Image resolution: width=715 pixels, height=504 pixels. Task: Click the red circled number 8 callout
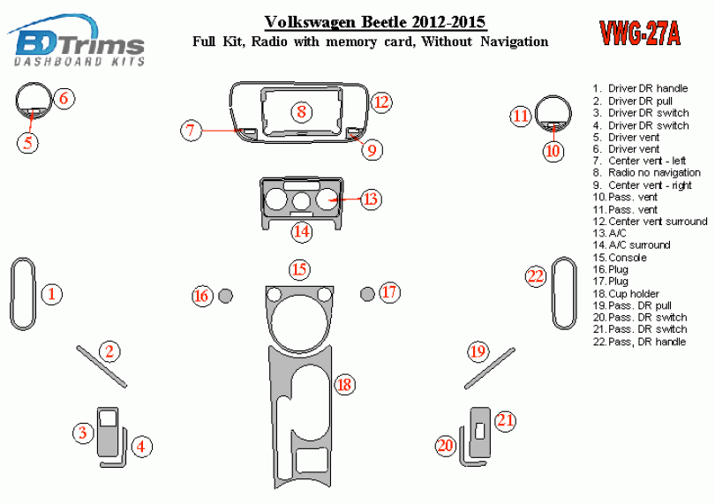pyautogui.click(x=301, y=112)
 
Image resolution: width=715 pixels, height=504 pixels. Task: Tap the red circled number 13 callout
pyautogui.click(x=371, y=199)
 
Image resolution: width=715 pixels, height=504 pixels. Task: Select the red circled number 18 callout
pyautogui.click(x=344, y=384)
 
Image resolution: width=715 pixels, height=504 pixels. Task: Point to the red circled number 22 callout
pyautogui.click(x=536, y=276)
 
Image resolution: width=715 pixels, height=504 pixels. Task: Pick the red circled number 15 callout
pyautogui.click(x=300, y=269)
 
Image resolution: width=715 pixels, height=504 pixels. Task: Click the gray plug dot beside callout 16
pyautogui.click(x=225, y=295)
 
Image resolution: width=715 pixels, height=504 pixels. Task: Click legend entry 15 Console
pyautogui.click(x=625, y=258)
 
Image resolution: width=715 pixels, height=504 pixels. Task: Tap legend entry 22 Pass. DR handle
pyautogui.click(x=643, y=342)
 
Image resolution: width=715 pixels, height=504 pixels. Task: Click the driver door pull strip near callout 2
pyautogui.click(x=102, y=366)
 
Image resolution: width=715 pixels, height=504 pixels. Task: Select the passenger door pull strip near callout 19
pyautogui.click(x=489, y=368)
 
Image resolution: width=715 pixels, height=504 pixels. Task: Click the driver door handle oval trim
pyautogui.click(x=23, y=295)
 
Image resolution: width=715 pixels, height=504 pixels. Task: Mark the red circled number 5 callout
pyautogui.click(x=29, y=141)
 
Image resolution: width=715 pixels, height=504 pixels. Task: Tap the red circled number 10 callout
pyautogui.click(x=553, y=151)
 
